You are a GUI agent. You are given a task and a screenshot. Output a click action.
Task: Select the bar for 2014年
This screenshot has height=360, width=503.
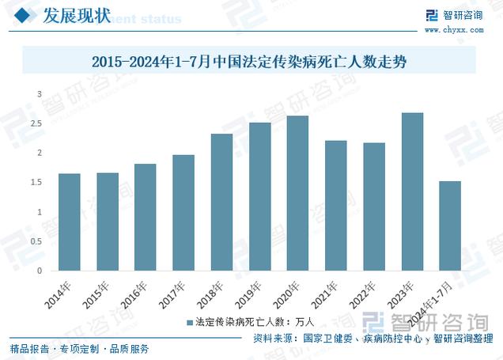[70, 222]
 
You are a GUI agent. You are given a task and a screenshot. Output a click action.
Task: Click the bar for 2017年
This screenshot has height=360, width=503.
[183, 213]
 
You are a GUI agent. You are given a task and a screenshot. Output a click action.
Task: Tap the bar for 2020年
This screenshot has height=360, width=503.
[297, 193]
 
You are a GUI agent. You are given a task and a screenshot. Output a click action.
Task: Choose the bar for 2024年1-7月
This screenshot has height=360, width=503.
[450, 226]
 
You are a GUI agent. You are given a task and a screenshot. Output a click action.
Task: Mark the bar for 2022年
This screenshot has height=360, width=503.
[374, 207]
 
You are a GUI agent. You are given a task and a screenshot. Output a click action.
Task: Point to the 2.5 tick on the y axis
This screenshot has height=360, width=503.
[36, 124]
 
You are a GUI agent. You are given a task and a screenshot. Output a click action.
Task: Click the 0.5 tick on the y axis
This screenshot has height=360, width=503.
[36, 241]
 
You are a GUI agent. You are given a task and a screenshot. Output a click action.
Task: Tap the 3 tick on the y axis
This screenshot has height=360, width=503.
[39, 95]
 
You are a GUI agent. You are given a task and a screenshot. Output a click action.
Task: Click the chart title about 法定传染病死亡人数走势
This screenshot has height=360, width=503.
[250, 61]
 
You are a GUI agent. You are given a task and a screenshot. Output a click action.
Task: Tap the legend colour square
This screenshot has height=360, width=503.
[189, 323]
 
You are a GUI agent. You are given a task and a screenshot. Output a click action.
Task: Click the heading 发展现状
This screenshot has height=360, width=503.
[76, 15]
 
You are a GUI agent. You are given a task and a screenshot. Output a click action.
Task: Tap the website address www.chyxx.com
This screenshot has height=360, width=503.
[453, 30]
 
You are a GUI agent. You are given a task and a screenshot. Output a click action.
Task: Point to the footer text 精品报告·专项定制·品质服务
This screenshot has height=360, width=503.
[80, 349]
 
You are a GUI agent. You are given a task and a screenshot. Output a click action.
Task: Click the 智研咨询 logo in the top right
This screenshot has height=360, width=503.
[453, 15]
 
